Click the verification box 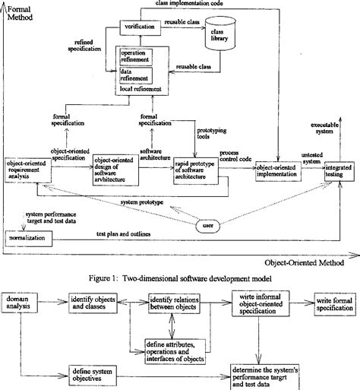point(137,27)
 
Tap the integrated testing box point(339,171)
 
